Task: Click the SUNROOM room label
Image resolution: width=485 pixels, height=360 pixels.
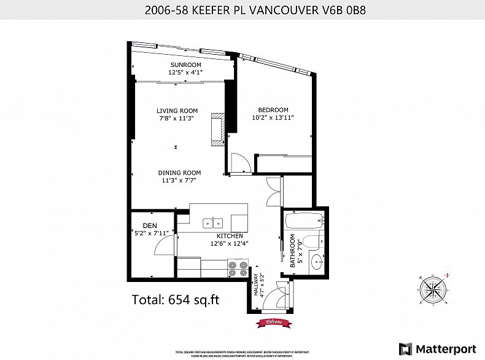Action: [x=185, y=65]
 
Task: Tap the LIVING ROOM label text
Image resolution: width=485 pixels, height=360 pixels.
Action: [x=177, y=111]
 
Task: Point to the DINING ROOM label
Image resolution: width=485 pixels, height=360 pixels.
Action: [x=179, y=173]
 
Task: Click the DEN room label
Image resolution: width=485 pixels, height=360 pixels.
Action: [x=150, y=225]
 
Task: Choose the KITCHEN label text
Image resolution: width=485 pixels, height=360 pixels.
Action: [x=230, y=236]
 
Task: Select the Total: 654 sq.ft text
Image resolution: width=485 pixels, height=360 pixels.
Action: [x=176, y=300]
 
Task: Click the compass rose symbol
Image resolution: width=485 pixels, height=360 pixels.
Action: [x=434, y=289]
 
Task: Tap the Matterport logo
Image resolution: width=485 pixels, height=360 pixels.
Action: [x=437, y=348]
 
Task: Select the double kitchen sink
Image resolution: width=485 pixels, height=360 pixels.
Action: [x=213, y=222]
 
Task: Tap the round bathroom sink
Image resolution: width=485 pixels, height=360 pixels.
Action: [x=317, y=262]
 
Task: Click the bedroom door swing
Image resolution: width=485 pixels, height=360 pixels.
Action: [x=238, y=163]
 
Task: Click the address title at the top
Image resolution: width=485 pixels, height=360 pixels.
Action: [x=242, y=10]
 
